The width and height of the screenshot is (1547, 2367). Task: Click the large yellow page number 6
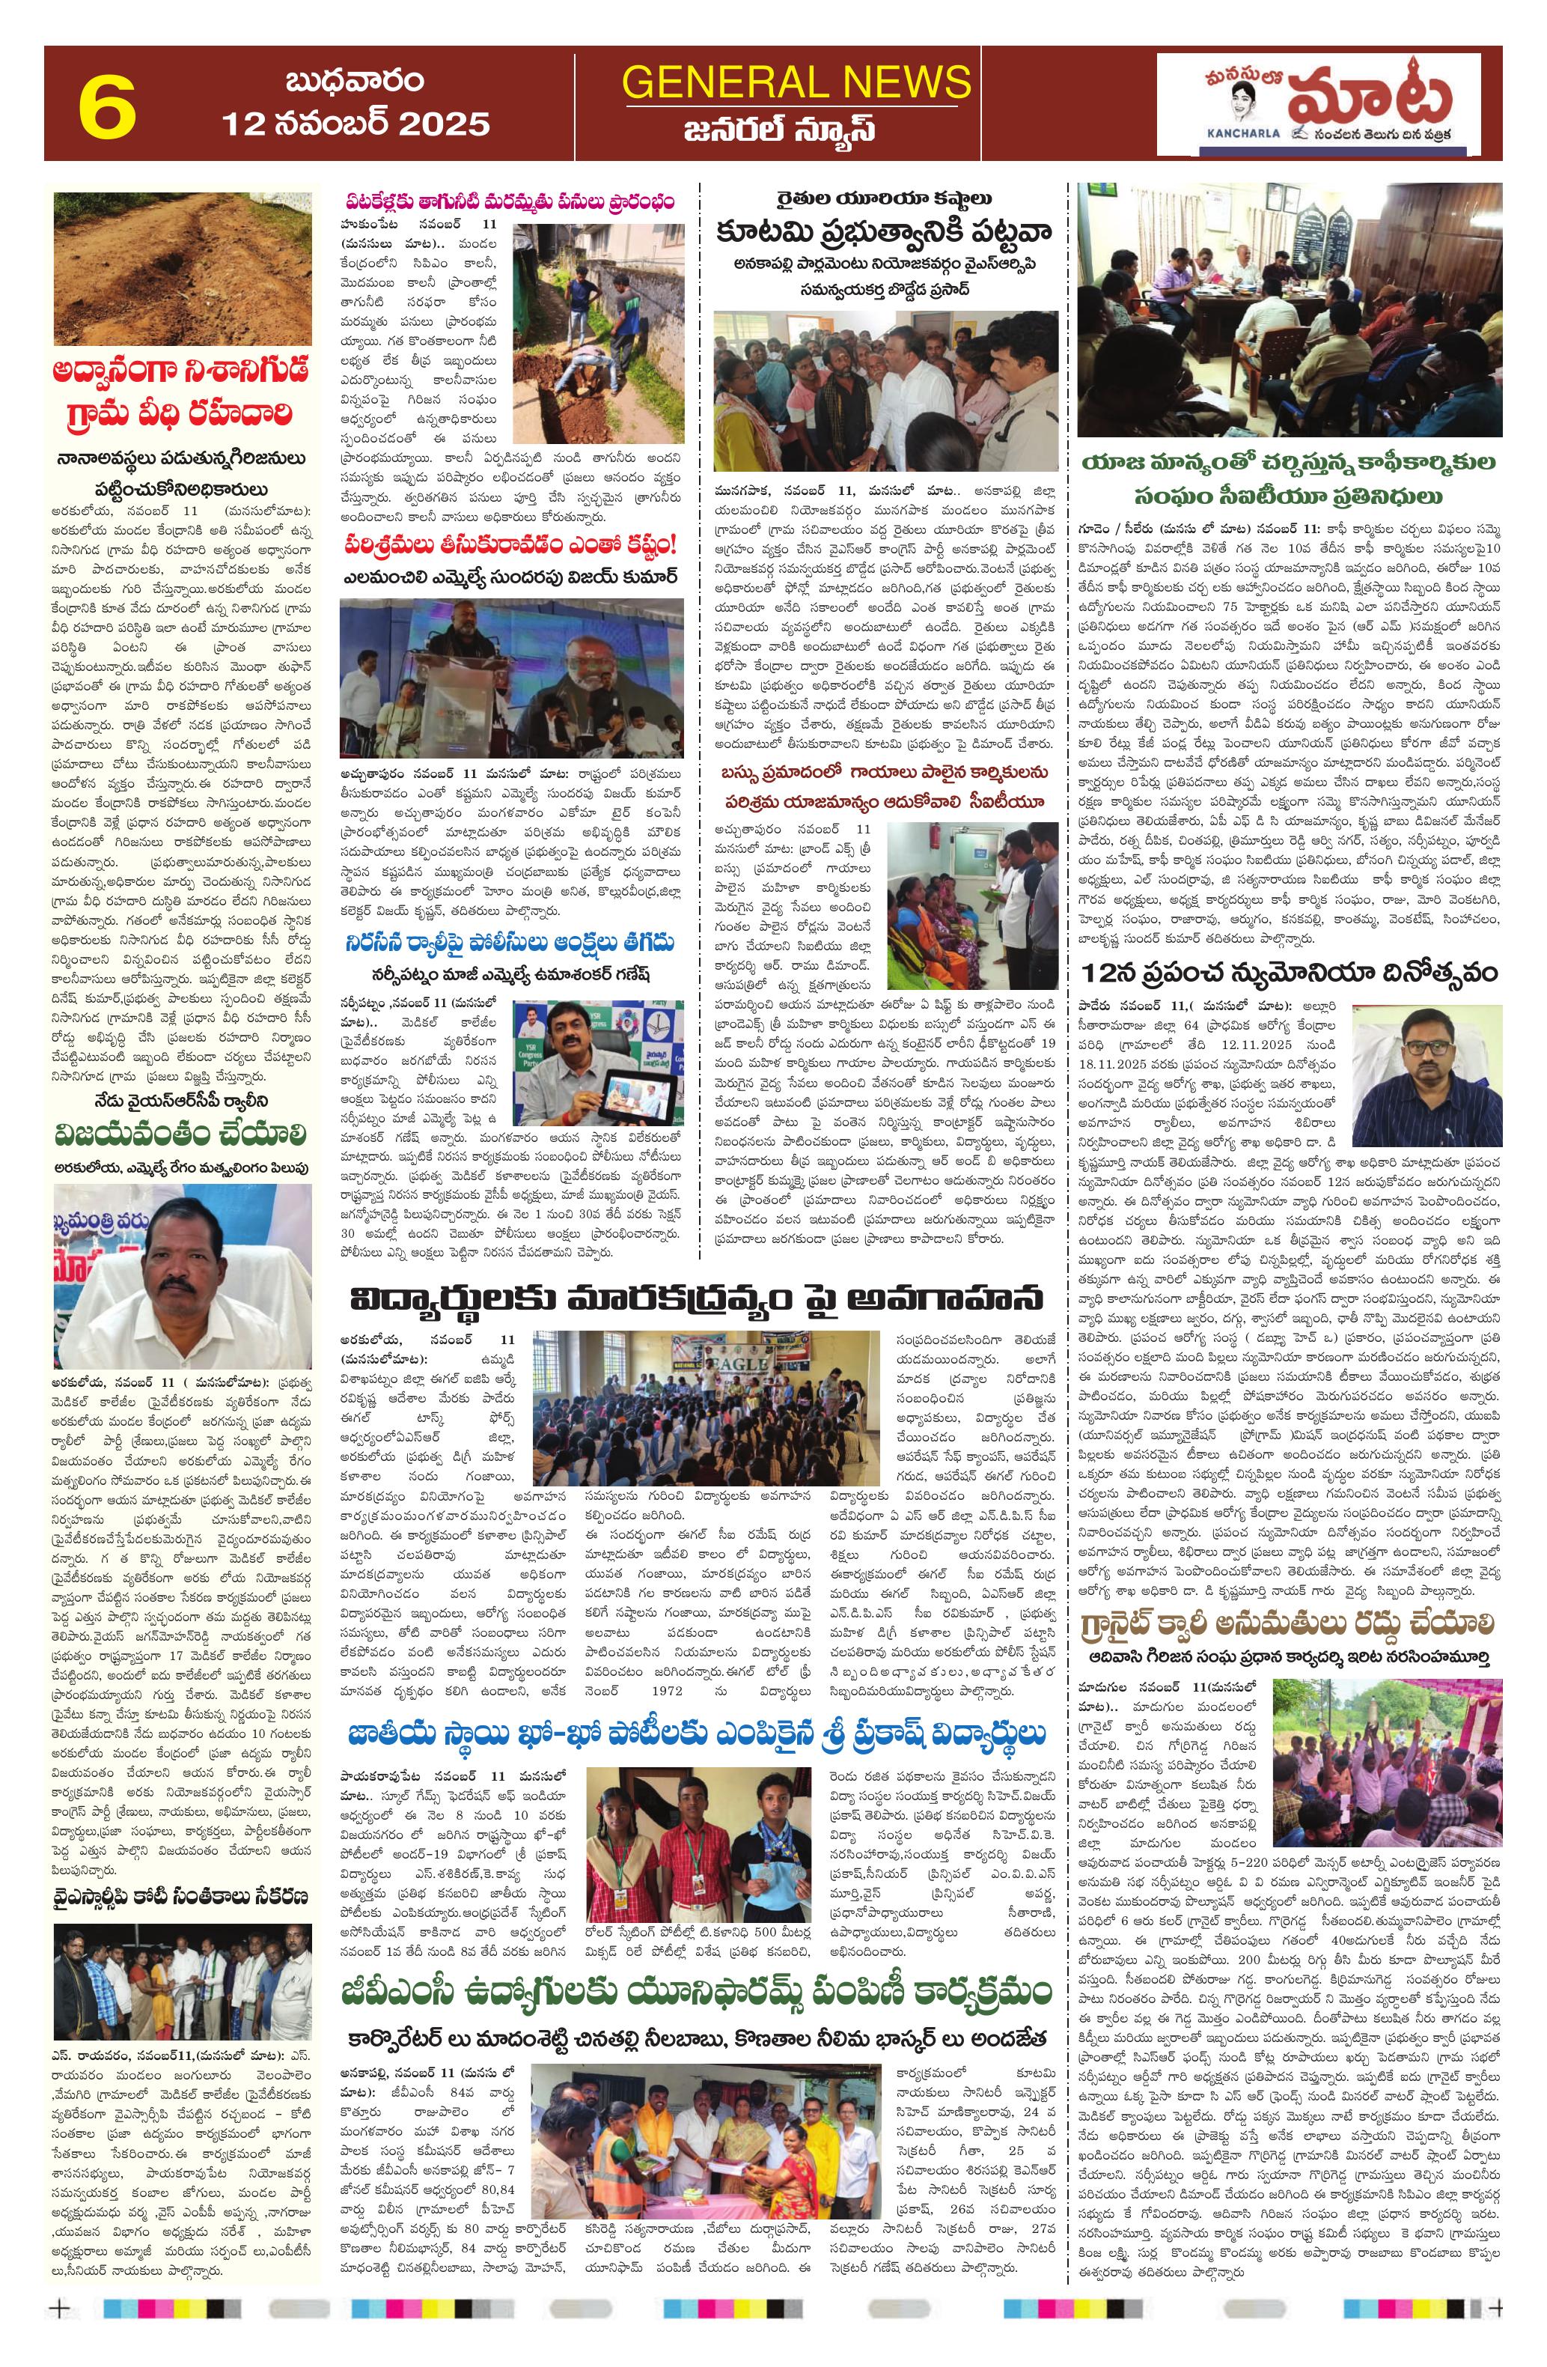[106, 104]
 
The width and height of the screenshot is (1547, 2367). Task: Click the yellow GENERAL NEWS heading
[796, 82]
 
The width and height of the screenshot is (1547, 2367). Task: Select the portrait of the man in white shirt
[181, 1275]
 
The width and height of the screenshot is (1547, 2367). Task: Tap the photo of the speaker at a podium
[511, 679]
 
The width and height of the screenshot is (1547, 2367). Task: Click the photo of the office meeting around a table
[1289, 309]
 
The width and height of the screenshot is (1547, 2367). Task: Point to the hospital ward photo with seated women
[971, 903]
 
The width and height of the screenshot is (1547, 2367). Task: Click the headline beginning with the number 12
[1289, 972]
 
